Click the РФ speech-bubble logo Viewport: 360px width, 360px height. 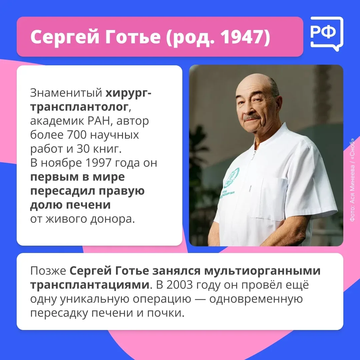(x=327, y=34)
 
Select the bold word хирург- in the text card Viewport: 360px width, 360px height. (x=128, y=93)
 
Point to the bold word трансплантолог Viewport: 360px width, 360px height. (x=79, y=107)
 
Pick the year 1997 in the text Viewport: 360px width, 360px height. (x=98, y=163)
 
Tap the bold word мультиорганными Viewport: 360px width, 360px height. (x=262, y=271)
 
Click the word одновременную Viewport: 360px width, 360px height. (x=256, y=299)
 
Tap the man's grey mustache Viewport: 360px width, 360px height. (x=252, y=118)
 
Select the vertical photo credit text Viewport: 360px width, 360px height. (x=352, y=180)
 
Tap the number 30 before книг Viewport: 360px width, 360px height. (x=83, y=149)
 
